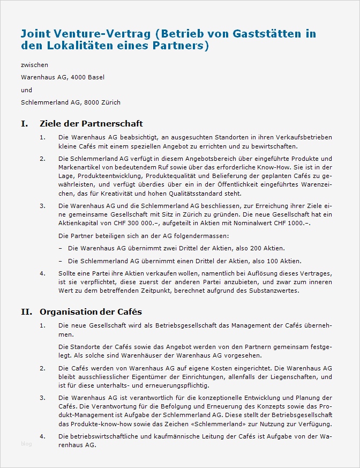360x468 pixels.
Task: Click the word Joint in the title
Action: [36, 34]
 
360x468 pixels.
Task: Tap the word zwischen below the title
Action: [35, 65]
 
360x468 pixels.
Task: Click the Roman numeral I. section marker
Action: [24, 124]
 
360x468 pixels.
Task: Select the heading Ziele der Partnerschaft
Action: [91, 124]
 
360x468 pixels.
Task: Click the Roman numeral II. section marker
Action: [26, 311]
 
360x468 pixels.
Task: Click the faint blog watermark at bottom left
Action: [26, 443]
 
